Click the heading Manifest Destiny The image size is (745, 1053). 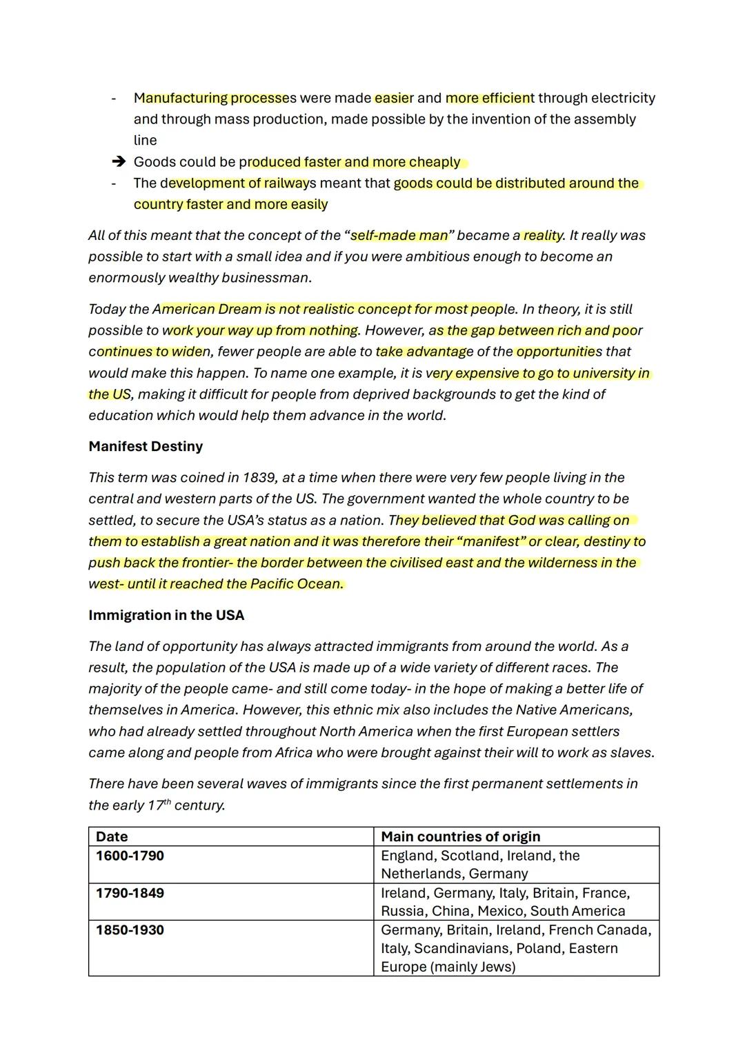pyautogui.click(x=146, y=446)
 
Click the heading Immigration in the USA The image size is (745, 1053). pyautogui.click(x=166, y=615)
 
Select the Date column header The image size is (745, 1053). pyautogui.click(x=112, y=836)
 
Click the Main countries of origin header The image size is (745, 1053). pyautogui.click(x=460, y=836)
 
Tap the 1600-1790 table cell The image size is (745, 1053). pyautogui.click(x=130, y=856)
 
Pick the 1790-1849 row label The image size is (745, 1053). pyautogui.click(x=130, y=893)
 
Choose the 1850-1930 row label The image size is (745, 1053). pyautogui.click(x=130, y=930)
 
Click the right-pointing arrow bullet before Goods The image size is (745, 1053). pyautogui.click(x=119, y=162)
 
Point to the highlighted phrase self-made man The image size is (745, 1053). pyautogui.click(x=399, y=235)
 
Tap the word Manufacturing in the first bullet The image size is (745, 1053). pyautogui.click(x=180, y=98)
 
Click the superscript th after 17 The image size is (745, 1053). pyautogui.click(x=167, y=802)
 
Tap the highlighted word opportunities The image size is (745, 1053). pyautogui.click(x=559, y=352)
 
